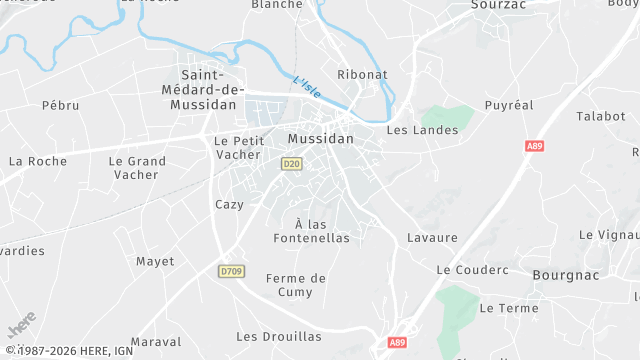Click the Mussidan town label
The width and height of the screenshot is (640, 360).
[320, 139]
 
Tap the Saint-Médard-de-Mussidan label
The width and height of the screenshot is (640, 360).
[209, 89]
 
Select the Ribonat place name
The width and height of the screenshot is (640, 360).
[362, 75]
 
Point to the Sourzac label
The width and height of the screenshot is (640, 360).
[499, 4]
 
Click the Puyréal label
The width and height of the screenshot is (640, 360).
[509, 105]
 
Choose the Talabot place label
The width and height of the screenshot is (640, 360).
[600, 116]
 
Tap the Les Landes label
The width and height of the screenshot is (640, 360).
[422, 130]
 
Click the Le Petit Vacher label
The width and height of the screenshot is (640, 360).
[237, 148]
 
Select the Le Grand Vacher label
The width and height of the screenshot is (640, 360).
[138, 167]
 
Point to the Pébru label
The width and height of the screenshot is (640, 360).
[60, 105]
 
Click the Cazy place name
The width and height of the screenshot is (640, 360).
[229, 204]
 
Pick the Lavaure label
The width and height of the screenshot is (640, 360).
[432, 238]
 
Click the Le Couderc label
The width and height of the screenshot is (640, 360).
[472, 270]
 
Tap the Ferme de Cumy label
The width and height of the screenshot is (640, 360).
[296, 284]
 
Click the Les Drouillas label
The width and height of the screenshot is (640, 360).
[279, 337]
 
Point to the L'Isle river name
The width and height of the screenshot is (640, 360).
[308, 88]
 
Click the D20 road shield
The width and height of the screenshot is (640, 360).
[291, 163]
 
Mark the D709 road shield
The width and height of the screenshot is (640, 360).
[231, 271]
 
